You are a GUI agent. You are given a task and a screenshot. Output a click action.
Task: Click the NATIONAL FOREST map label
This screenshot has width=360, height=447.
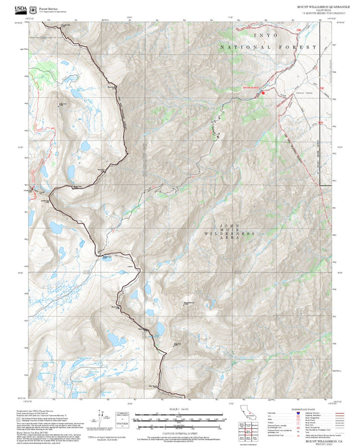[268, 47]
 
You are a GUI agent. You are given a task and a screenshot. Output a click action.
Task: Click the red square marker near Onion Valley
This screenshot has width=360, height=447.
[263, 93]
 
